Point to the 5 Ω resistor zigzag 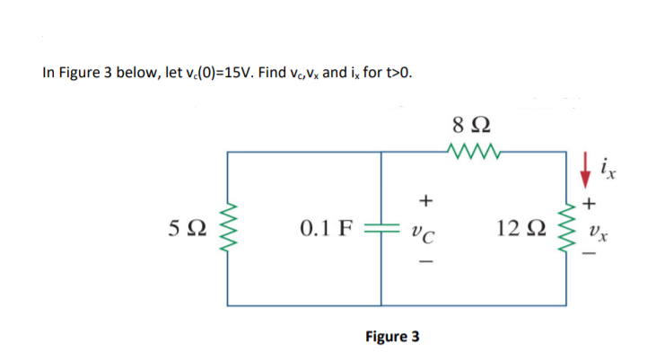tap(227, 230)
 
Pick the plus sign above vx tap(589, 204)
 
